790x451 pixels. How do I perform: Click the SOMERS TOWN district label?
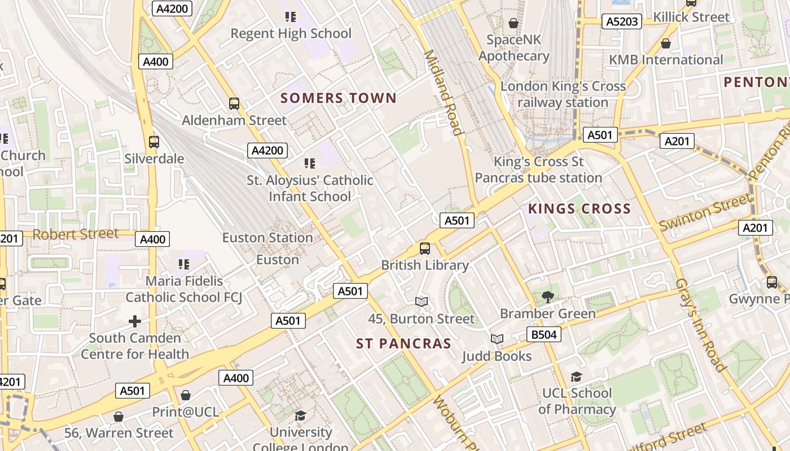point(339,98)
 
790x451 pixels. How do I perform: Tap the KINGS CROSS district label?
point(579,209)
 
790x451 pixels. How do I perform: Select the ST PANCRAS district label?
point(403,343)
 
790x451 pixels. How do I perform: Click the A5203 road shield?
point(622,21)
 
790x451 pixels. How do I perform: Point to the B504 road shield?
point(544,334)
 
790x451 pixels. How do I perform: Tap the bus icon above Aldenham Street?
point(234,104)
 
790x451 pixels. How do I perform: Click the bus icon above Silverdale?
point(153,142)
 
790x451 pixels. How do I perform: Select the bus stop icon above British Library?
point(425,248)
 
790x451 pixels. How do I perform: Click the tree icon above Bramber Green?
point(547,297)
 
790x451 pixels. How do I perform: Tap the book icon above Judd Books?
point(497,339)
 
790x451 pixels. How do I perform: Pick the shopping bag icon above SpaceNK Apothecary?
point(513,23)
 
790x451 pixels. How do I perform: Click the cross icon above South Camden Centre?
point(135,321)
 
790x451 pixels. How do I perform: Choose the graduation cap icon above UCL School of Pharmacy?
point(576,377)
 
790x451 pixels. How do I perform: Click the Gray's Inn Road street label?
point(700,325)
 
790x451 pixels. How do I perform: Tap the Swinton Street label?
point(705,211)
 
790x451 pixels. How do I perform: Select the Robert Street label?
point(76,233)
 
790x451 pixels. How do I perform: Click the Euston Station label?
point(267,237)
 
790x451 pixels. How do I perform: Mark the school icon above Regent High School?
point(291,17)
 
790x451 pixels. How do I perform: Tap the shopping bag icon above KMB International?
point(666,43)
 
